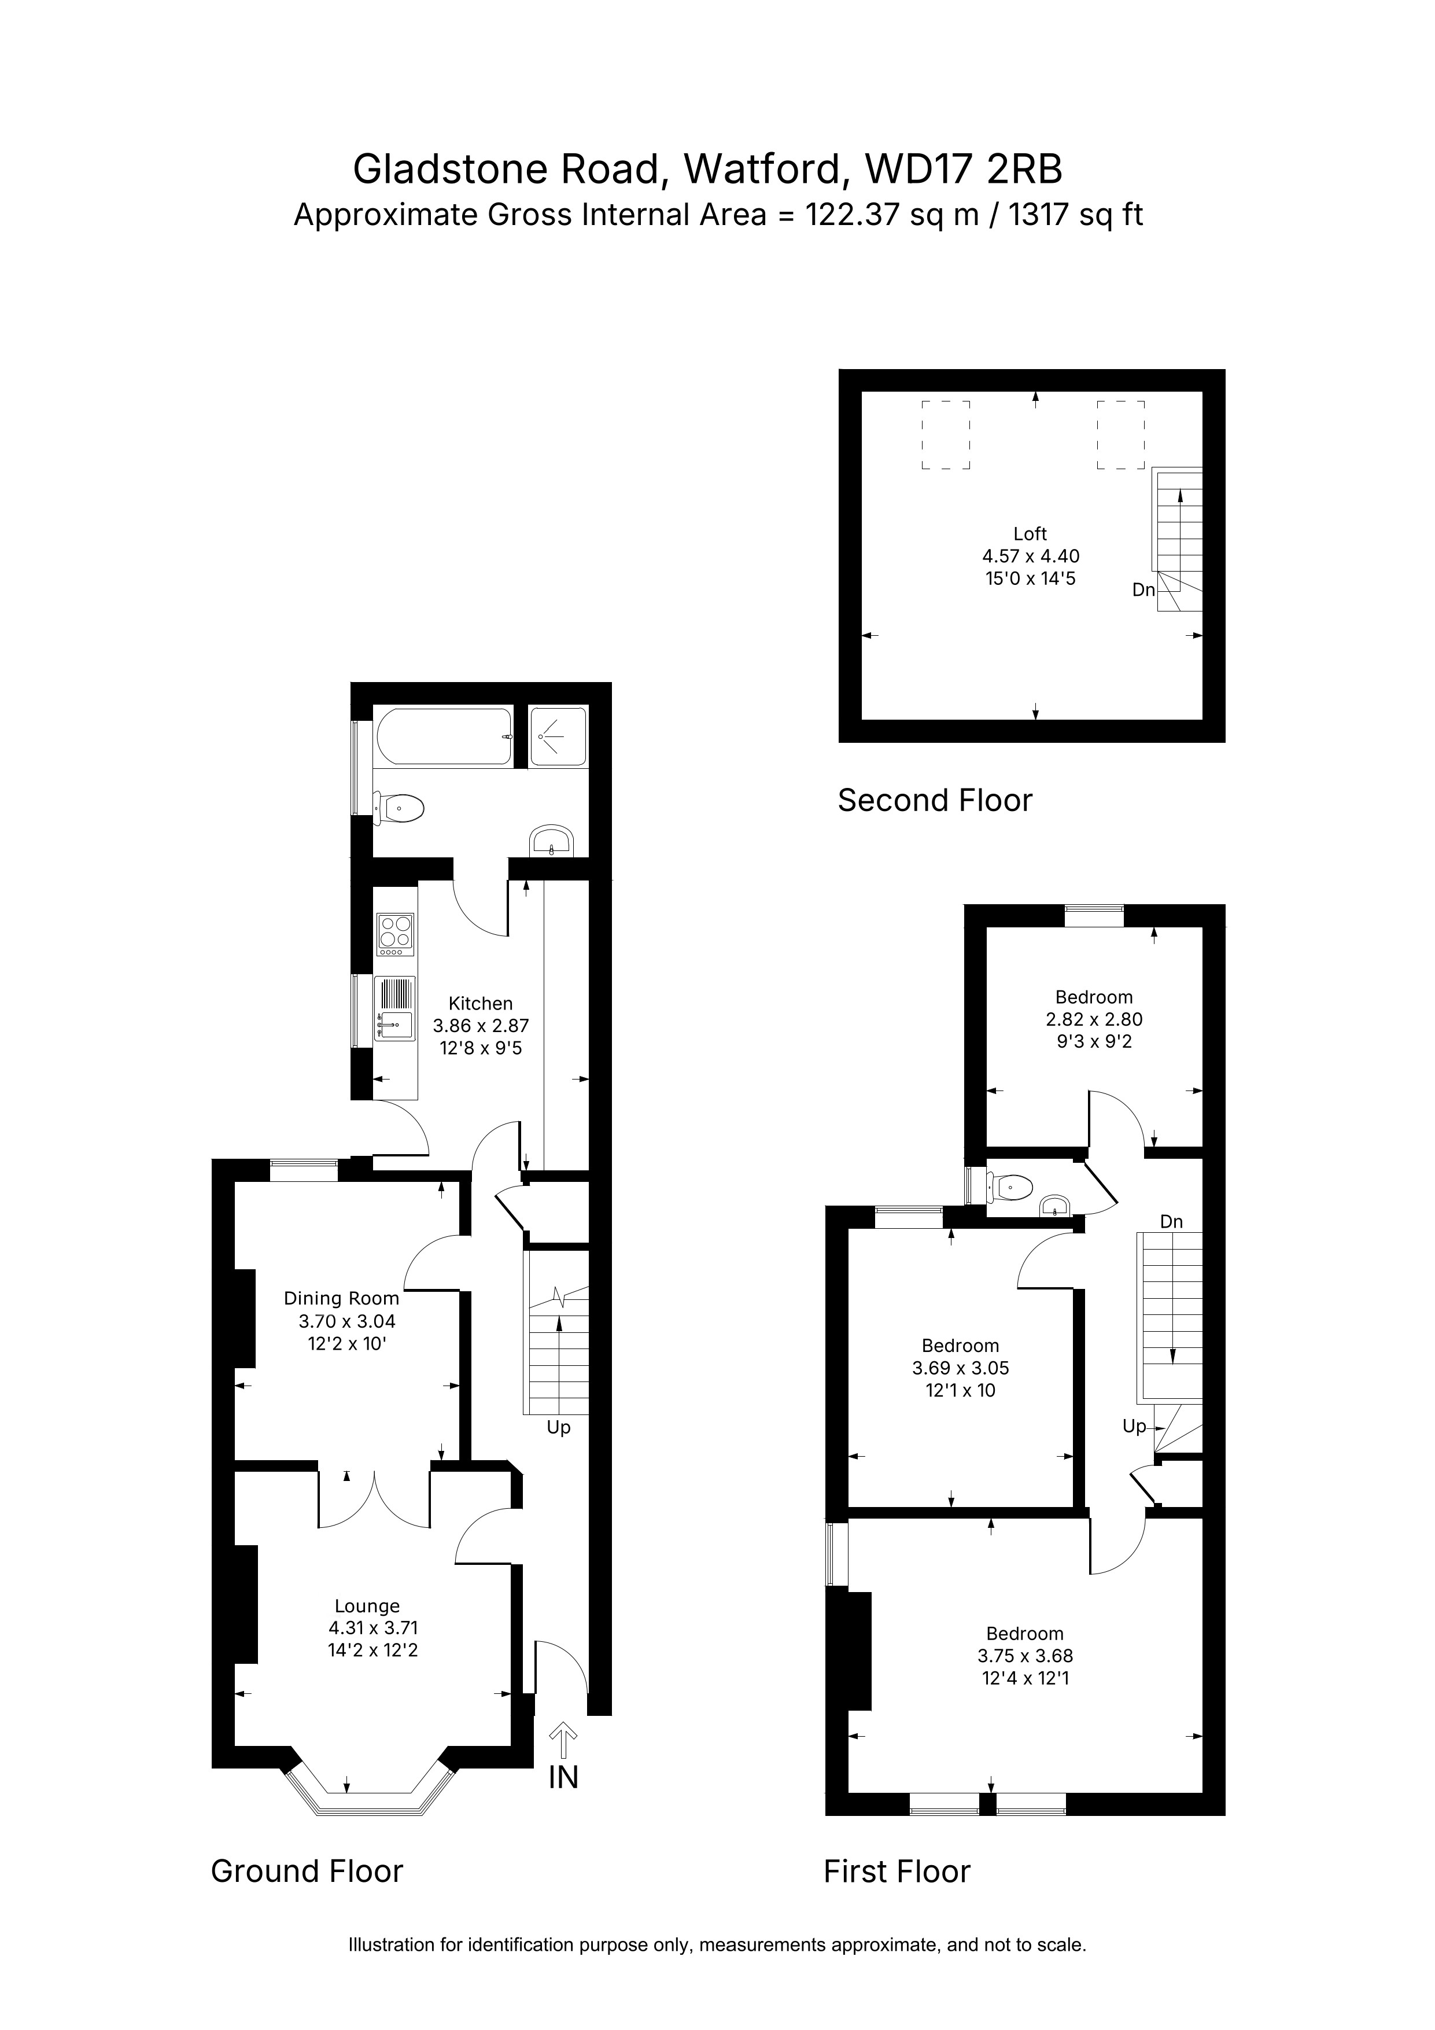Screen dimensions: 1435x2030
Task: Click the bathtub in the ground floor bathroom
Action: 444,736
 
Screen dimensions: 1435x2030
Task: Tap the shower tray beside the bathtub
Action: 558,736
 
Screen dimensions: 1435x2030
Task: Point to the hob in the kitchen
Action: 395,934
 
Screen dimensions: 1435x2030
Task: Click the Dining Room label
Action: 341,1299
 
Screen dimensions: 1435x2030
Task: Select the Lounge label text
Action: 367,1607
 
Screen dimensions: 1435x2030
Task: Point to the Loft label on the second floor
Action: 1030,534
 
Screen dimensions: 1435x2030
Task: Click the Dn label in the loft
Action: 1143,590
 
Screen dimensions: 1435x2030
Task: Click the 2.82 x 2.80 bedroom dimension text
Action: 1094,1019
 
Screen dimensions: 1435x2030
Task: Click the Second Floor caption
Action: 935,800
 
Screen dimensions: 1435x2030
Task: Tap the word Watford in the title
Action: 761,170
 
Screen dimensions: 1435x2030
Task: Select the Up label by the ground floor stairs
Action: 559,1428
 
